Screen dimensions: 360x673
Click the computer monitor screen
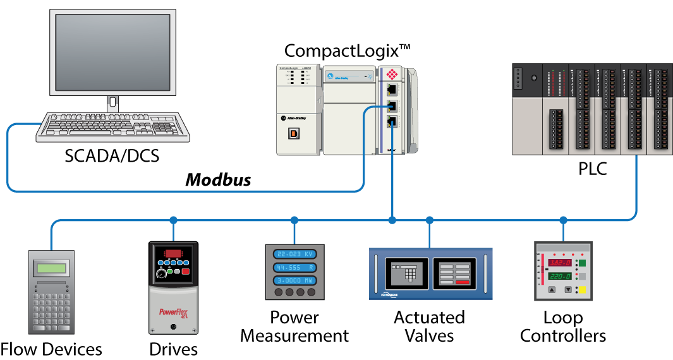click(x=112, y=52)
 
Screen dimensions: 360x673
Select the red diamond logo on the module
click(x=392, y=74)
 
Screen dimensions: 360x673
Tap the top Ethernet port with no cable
click(x=392, y=90)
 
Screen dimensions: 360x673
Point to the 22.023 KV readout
click(x=294, y=254)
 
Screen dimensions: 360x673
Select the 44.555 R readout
click(x=294, y=267)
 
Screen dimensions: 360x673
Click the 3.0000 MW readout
click(x=294, y=280)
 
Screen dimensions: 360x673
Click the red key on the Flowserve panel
click(x=462, y=282)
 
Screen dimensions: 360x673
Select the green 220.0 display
click(x=560, y=277)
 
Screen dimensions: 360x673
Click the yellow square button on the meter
click(x=582, y=291)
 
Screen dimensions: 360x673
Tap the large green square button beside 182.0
click(x=582, y=263)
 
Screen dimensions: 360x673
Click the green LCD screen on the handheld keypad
click(x=51, y=268)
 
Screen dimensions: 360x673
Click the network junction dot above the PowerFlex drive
click(x=173, y=220)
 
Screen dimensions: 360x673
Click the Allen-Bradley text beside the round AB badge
click(x=297, y=118)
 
